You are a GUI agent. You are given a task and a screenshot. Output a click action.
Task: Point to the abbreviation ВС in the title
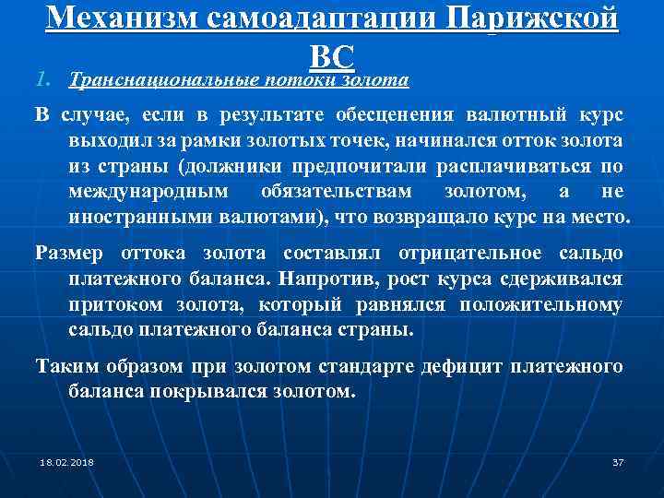(332, 57)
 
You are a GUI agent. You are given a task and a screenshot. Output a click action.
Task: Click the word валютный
(517, 115)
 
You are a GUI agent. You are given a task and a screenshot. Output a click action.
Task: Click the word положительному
(541, 304)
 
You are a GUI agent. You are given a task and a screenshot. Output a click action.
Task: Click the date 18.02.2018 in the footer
(66, 461)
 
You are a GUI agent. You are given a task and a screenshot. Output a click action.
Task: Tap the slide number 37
(618, 461)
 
